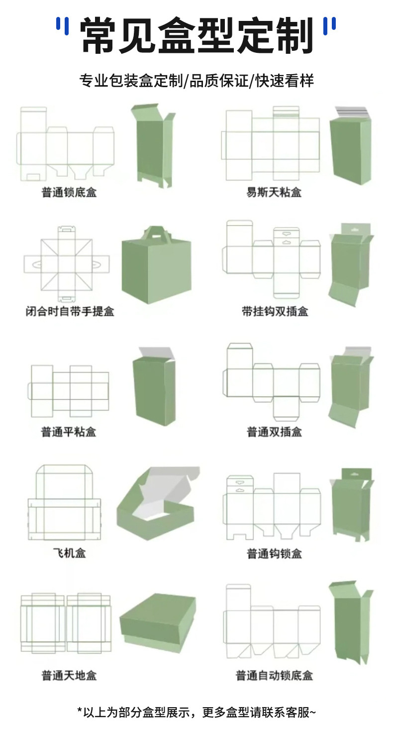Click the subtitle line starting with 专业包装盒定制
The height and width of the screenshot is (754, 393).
pos(196,81)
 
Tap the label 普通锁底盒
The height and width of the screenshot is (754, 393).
pos(69,192)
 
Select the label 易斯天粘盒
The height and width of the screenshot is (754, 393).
pos(274,192)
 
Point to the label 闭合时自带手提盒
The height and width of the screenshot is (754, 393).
pos(70,312)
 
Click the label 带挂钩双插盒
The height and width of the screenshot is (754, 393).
pos(275,312)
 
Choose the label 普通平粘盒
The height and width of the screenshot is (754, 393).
pos(69,431)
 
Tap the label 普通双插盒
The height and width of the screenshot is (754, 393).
pos(275,431)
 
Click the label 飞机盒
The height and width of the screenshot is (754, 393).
pos(70,552)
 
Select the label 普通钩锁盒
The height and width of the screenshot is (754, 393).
pos(275,553)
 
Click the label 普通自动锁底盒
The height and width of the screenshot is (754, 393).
pos(275,676)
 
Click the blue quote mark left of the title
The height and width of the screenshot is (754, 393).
pos(62,26)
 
